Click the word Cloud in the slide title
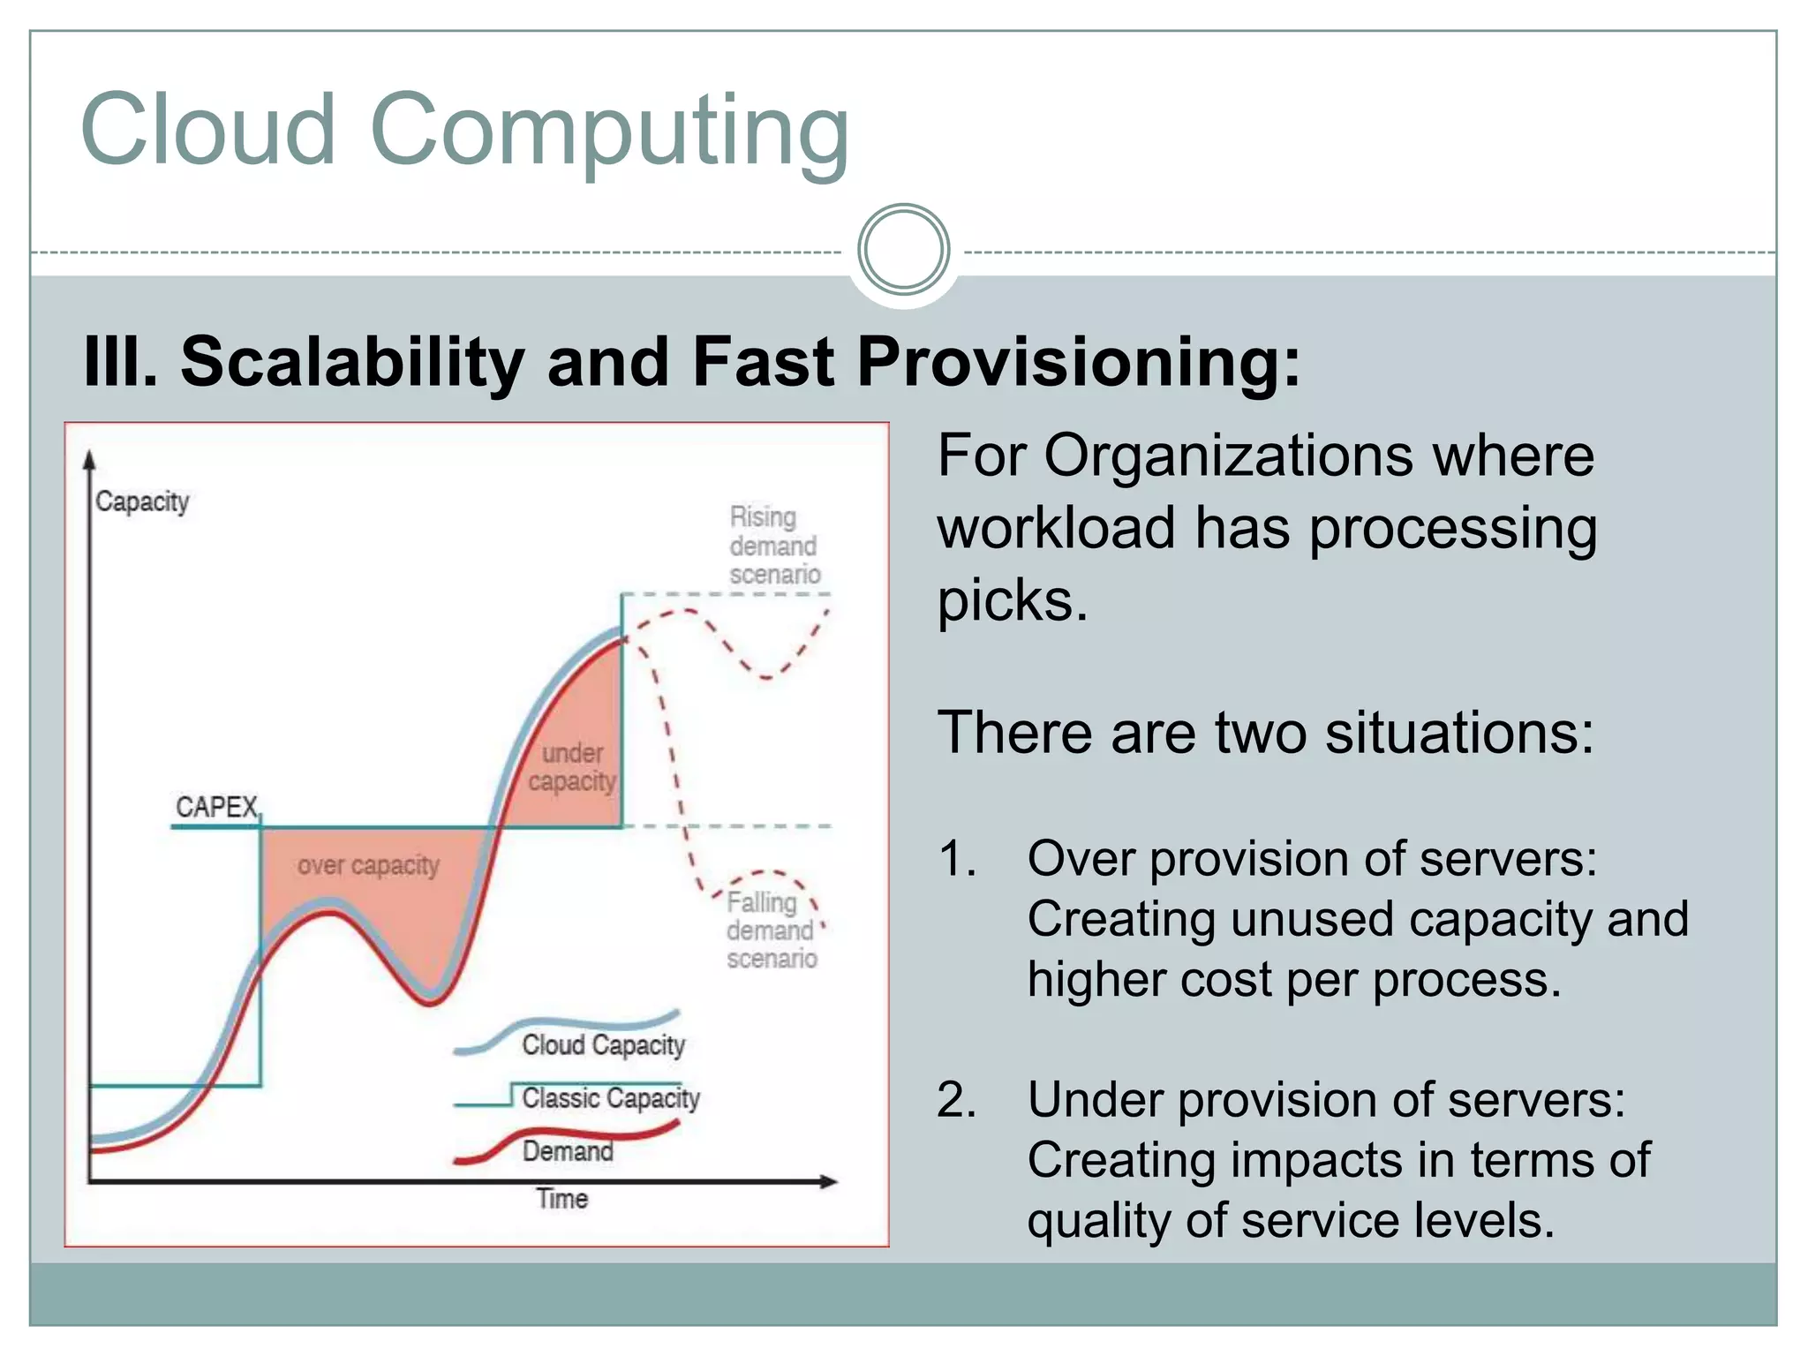coord(208,130)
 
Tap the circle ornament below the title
coord(903,250)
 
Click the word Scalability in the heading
coord(352,362)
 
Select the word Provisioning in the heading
coord(1078,362)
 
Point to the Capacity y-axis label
coord(142,501)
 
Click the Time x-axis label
coord(561,1198)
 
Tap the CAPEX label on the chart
coord(216,807)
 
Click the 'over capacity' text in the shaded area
coord(368,865)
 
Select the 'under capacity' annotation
coord(573,767)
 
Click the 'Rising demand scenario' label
coord(774,546)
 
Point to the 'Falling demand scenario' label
coord(771,930)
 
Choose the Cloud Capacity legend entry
coord(603,1045)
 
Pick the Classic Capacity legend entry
coord(610,1098)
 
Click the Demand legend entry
coord(568,1151)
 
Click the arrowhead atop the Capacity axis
coord(89,460)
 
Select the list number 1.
coord(957,859)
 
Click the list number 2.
coord(957,1101)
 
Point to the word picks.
coord(1013,601)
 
